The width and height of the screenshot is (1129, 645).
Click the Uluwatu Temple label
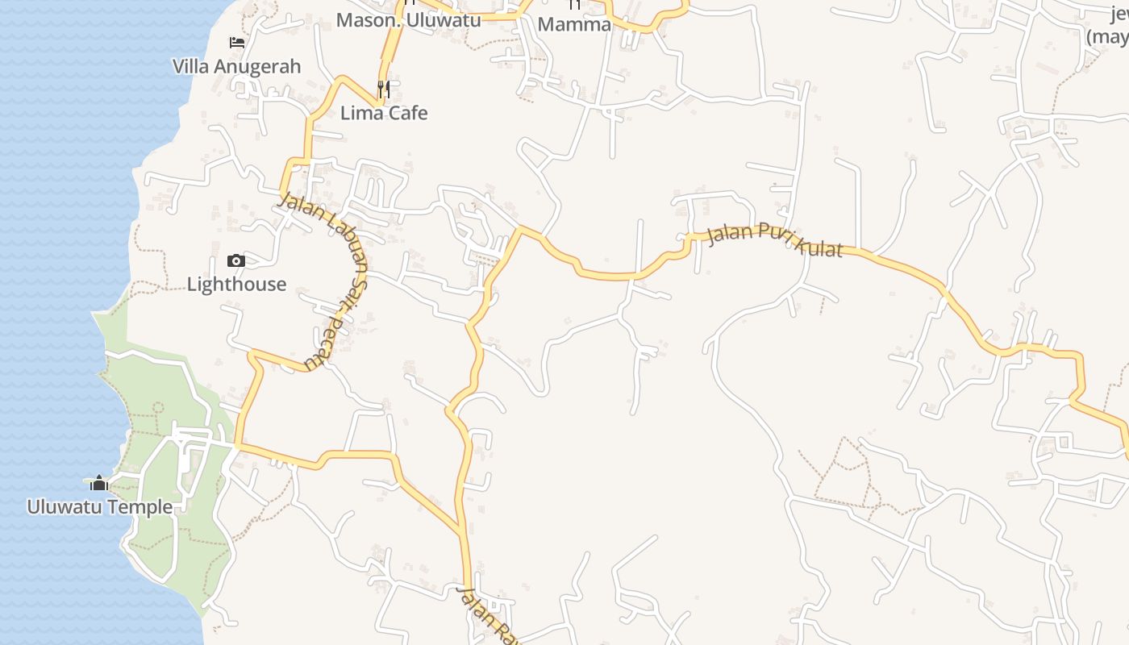(x=99, y=507)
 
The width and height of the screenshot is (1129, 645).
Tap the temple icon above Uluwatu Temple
(x=99, y=483)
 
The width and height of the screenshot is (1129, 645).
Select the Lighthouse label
(x=236, y=284)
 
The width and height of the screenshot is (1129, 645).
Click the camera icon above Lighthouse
(x=236, y=260)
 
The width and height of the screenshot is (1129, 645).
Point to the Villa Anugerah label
(x=236, y=66)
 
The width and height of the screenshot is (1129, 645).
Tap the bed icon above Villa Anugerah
(x=236, y=42)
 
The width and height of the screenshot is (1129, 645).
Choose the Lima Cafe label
(x=384, y=113)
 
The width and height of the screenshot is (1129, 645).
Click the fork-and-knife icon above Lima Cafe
(x=384, y=89)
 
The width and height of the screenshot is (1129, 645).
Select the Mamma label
(x=574, y=24)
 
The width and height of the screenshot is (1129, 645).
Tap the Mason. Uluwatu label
(x=408, y=20)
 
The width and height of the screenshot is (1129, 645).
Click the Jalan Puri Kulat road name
(x=774, y=241)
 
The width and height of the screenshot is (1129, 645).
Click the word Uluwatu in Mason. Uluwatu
(x=444, y=20)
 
